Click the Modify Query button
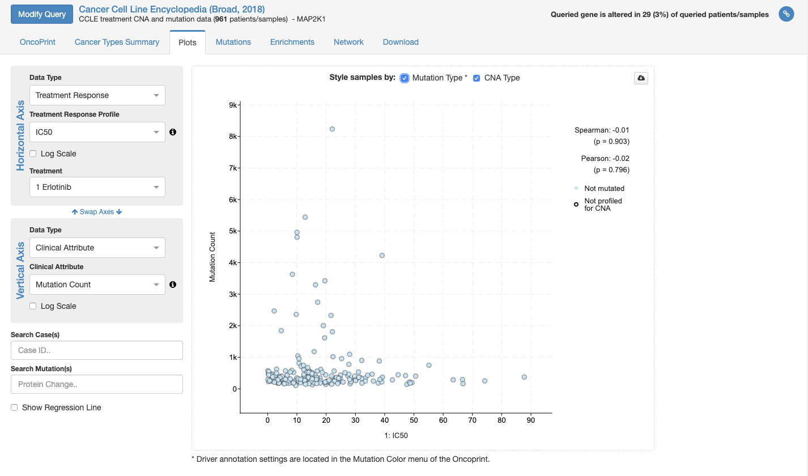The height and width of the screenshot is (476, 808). point(41,14)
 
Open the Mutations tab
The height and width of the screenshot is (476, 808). point(233,42)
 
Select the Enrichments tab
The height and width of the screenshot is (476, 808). point(292,42)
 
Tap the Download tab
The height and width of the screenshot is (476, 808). point(401,42)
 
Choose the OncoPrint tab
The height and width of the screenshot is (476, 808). point(37,42)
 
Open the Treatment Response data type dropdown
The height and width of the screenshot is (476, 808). point(97,95)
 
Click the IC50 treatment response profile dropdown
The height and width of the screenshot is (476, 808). point(97,132)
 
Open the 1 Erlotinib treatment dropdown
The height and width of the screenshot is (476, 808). point(97,187)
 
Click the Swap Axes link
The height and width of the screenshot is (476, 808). point(97,212)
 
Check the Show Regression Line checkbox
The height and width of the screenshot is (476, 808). point(15,407)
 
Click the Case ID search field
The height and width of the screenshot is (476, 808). point(97,350)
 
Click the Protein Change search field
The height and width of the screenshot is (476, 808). point(97,384)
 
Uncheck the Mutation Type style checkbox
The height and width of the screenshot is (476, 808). point(405,78)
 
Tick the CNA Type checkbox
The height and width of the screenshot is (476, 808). point(477,78)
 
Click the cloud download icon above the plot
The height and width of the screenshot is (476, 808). point(641,78)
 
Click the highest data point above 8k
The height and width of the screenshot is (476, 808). point(332,129)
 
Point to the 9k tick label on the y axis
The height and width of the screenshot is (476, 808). point(232,105)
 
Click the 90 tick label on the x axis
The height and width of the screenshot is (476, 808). point(531,420)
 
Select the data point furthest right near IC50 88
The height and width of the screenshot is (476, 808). point(524,377)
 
